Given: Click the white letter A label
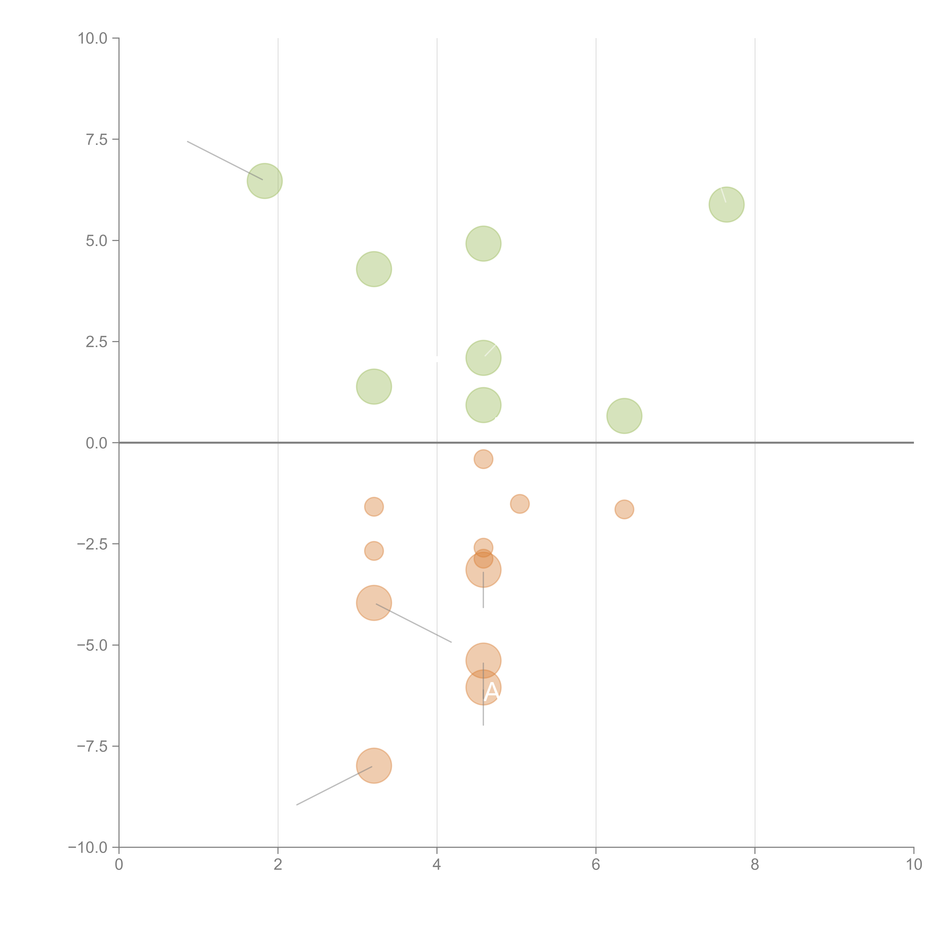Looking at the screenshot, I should [491, 692].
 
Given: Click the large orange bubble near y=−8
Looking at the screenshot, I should [374, 765].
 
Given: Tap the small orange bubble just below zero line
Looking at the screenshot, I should [483, 459].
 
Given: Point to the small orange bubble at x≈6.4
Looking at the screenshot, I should [624, 510].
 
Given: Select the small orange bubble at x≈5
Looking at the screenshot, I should [520, 504].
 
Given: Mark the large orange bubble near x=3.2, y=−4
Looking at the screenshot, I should [374, 603].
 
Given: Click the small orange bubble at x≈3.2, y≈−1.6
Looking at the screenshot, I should [374, 506].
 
